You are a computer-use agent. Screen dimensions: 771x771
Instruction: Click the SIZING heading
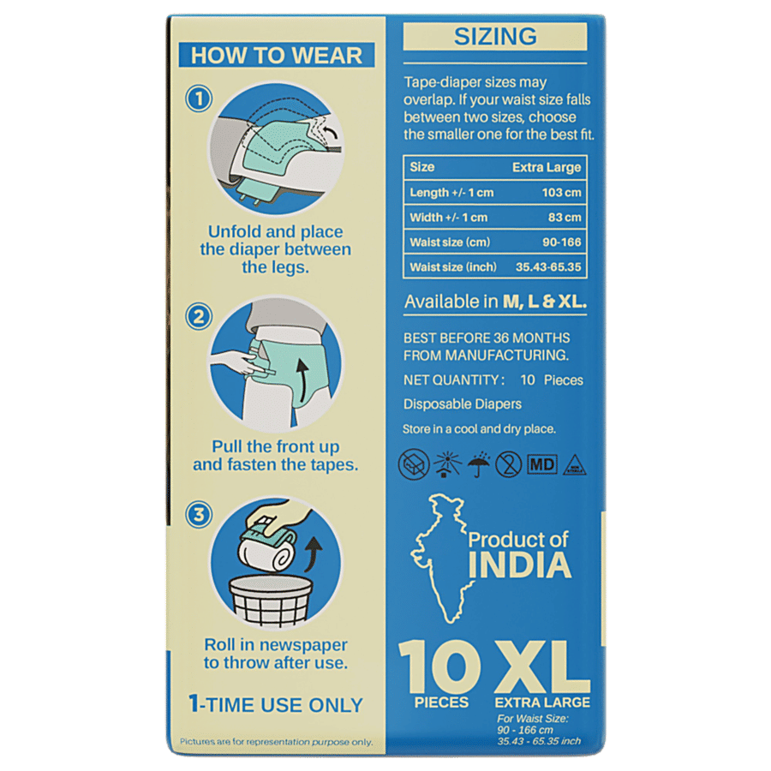(494, 36)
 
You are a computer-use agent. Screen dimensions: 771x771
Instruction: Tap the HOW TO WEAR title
(277, 55)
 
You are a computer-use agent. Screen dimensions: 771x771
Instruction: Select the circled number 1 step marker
(199, 99)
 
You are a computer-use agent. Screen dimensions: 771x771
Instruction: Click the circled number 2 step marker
(199, 316)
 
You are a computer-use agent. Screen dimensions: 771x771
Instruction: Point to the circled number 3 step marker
(199, 515)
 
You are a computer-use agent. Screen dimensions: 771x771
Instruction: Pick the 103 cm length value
(561, 192)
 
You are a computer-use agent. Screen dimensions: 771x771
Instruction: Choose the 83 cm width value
(565, 217)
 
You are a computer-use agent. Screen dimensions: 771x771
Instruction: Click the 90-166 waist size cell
(561, 242)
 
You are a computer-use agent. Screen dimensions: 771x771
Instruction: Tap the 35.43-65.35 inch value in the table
(548, 267)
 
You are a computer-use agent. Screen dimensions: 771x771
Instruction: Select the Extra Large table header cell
(547, 167)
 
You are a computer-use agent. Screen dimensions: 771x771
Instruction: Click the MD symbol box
(542, 464)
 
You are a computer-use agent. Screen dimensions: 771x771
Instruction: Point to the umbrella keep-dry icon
(478, 464)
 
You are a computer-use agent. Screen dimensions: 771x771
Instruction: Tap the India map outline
(441, 558)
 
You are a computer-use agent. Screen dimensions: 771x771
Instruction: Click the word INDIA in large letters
(520, 565)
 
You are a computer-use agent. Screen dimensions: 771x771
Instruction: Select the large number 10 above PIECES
(440, 666)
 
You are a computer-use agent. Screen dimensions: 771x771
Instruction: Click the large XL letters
(542, 666)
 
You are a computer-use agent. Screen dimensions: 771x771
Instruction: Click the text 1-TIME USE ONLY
(276, 704)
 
